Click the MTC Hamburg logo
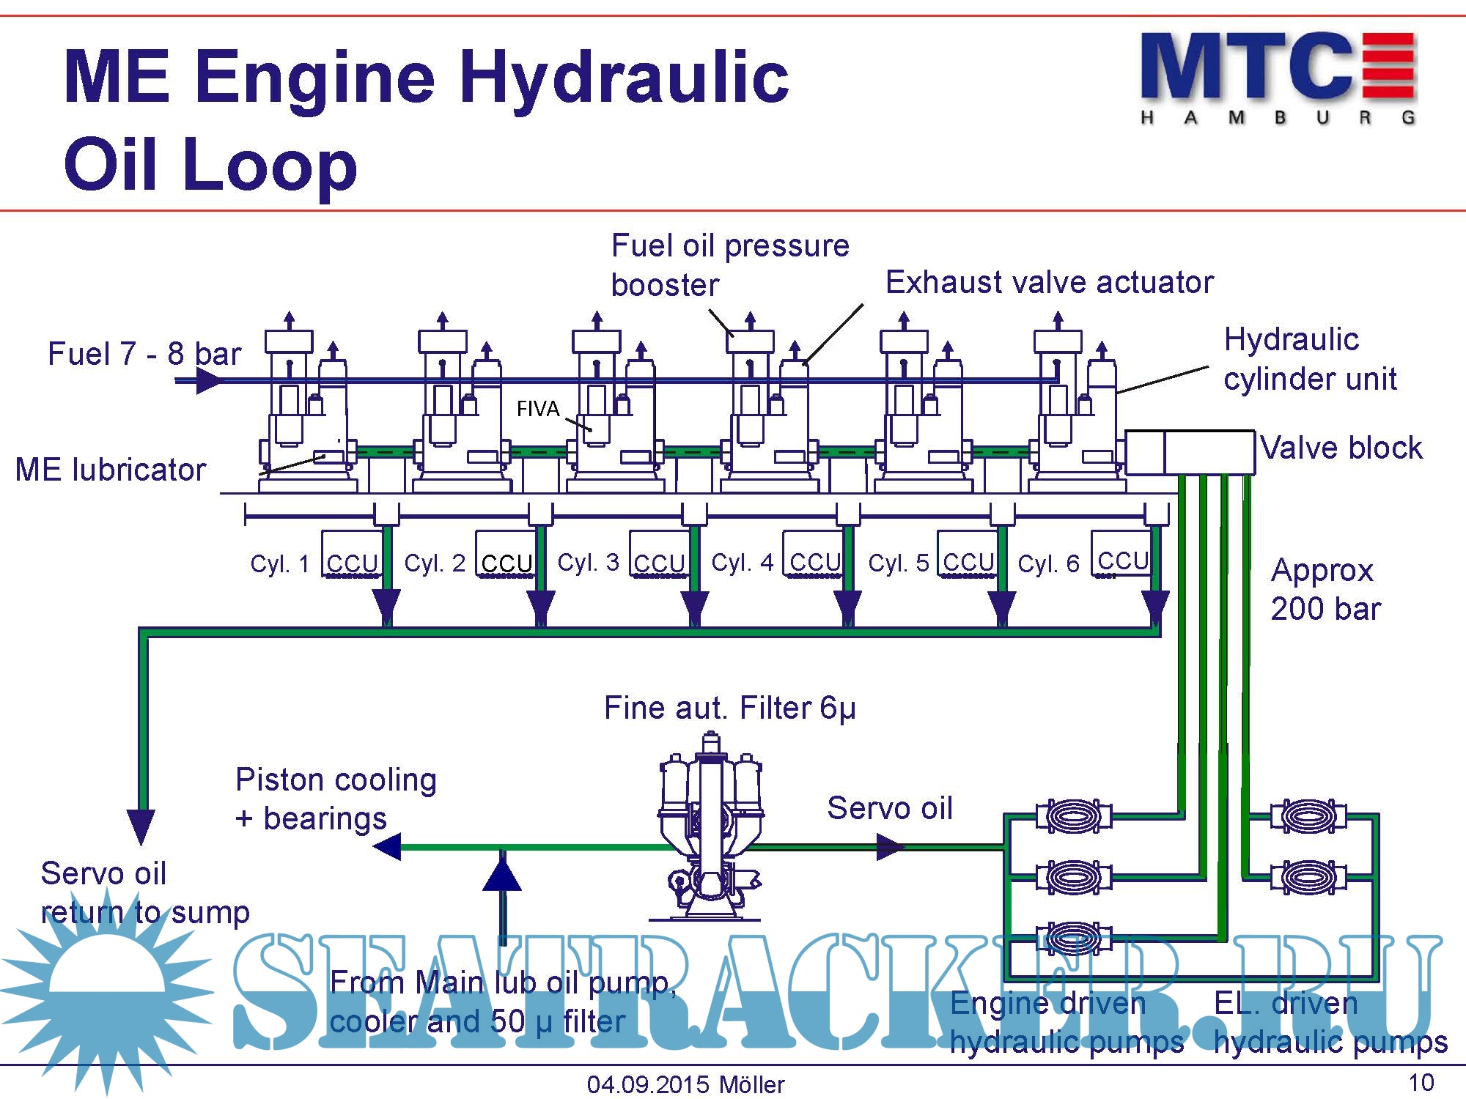[1278, 77]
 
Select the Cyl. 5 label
[898, 563]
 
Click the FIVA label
[537, 408]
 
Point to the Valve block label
[1341, 448]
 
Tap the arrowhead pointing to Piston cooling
[387, 846]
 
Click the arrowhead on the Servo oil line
[891, 847]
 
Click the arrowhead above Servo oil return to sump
[141, 825]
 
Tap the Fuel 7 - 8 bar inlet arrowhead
[210, 381]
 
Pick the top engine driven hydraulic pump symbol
[1074, 815]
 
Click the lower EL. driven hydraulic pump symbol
[1308, 876]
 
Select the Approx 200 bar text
[1325, 589]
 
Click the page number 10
[1421, 1082]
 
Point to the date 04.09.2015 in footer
[648, 1084]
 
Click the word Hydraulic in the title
[624, 78]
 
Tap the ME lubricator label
[111, 470]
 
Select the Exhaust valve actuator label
[1049, 282]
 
